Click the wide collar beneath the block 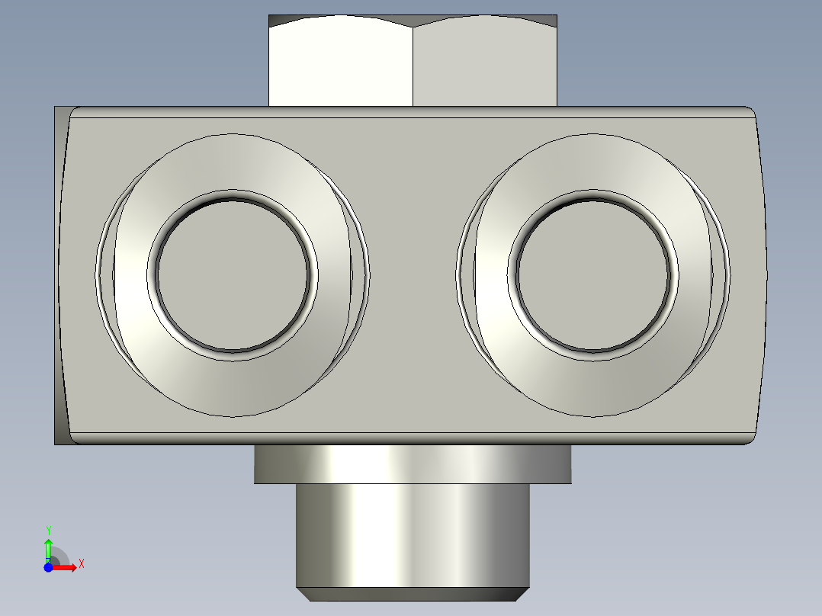(413, 464)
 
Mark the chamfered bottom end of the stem (413, 594)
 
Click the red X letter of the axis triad (81, 564)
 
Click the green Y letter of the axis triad (48, 529)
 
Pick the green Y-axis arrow (48, 549)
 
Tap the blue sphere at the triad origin (48, 567)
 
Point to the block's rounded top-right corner (750, 112)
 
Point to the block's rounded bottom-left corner (74, 438)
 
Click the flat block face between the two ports (413, 274)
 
